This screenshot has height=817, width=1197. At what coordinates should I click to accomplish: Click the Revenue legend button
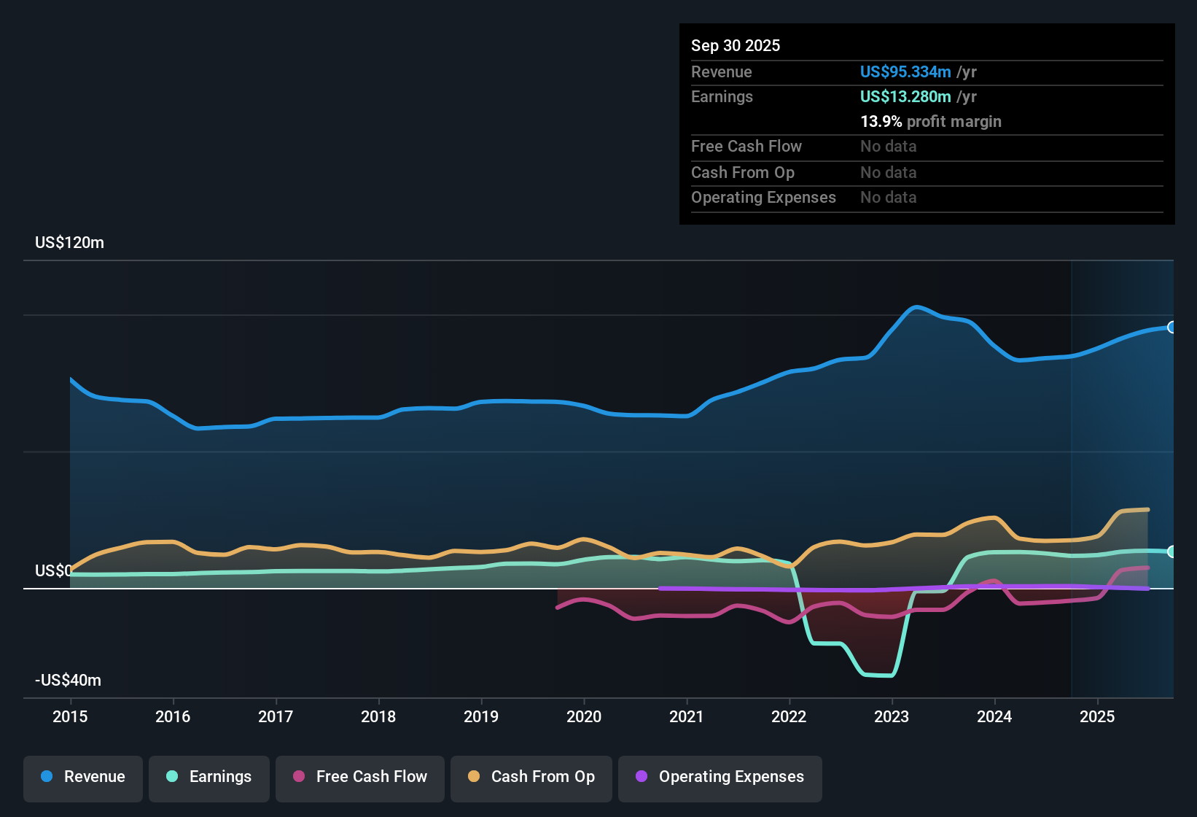coord(83,777)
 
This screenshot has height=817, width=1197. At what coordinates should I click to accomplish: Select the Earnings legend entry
coord(209,777)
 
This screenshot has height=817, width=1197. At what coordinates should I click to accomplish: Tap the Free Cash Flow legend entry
coord(360,777)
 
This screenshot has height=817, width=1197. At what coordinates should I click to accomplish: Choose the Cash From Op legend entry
coord(531,777)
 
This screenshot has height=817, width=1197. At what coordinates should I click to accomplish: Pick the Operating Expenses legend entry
coord(720,777)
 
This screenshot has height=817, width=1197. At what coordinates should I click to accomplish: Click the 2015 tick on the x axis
coord(70,716)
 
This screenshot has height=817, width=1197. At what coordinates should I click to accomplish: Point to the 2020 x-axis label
coord(584,716)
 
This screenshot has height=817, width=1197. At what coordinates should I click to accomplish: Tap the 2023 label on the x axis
coord(892,716)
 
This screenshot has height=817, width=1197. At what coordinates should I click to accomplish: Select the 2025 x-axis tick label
coord(1097,716)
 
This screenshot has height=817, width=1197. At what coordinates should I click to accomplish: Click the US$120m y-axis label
coord(69,243)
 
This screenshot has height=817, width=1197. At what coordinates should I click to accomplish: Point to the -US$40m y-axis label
coord(68,681)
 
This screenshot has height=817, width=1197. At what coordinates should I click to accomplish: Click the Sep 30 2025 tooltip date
coord(735,46)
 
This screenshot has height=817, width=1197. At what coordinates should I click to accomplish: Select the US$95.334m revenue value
coord(905,72)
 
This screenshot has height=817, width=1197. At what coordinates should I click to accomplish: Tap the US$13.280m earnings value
coord(905,97)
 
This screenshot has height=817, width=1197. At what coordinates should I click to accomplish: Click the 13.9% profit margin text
coord(930,122)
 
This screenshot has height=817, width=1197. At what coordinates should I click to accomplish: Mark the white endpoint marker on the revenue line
coord(1171,328)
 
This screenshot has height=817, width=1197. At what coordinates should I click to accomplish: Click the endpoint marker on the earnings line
coord(1171,551)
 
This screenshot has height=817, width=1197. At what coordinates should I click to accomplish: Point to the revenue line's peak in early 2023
coord(916,307)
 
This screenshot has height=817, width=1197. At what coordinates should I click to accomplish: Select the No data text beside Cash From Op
coord(888,173)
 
